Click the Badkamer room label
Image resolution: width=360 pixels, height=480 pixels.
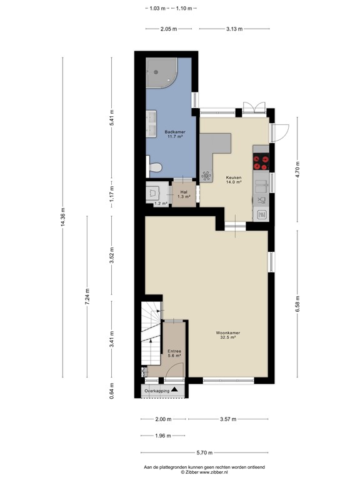[x=174, y=134]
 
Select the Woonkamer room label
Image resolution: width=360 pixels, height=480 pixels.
[x=231, y=336]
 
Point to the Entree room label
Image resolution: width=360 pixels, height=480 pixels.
[x=174, y=353]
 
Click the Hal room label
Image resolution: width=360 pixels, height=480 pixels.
[x=184, y=194]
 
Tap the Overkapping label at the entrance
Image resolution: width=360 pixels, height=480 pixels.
[x=157, y=391]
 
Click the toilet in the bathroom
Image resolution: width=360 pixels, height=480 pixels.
[x=155, y=167]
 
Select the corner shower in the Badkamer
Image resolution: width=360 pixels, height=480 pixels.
[x=161, y=73]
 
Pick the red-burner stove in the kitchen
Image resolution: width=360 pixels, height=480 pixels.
[x=261, y=162]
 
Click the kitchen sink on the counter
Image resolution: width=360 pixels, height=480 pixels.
[x=261, y=200]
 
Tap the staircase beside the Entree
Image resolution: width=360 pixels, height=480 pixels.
[x=151, y=337]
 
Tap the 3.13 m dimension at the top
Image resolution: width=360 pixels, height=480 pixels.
[x=235, y=29]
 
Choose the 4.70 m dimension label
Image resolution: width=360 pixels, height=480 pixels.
[x=297, y=171]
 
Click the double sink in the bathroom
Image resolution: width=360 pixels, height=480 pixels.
[x=151, y=123]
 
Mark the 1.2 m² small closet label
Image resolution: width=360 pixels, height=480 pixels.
[x=161, y=203]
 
